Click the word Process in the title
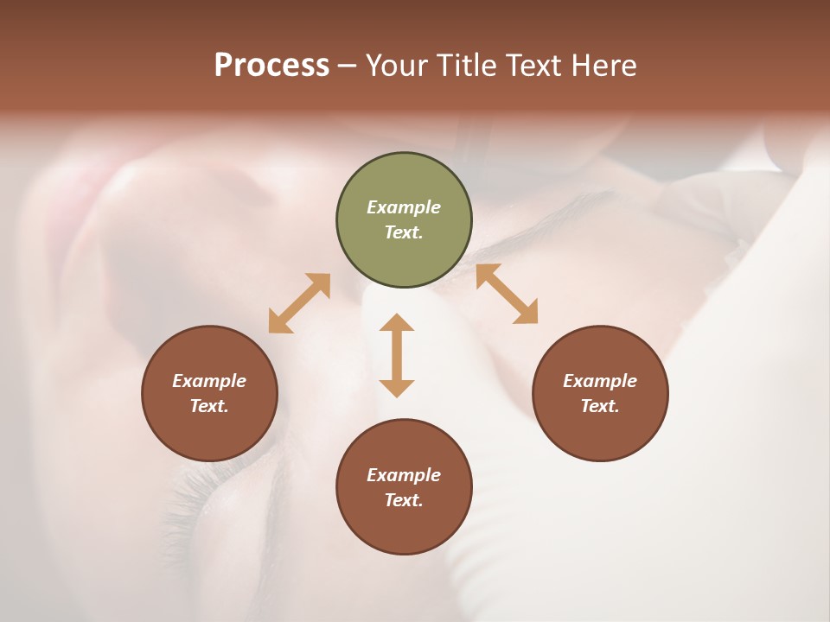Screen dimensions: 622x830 point(271,66)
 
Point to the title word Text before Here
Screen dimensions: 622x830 point(537,66)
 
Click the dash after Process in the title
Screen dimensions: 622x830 point(347,67)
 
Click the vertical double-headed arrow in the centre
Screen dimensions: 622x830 point(397,355)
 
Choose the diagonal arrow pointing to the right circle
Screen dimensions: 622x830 point(507,294)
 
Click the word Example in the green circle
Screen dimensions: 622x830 point(404,207)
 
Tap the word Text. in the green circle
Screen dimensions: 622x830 point(404,232)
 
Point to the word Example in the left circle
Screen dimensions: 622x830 point(209,381)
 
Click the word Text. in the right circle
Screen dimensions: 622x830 point(600,406)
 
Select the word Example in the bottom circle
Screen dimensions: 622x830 point(404,475)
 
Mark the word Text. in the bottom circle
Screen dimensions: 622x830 point(404,500)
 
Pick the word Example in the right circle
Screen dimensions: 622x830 point(600,381)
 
